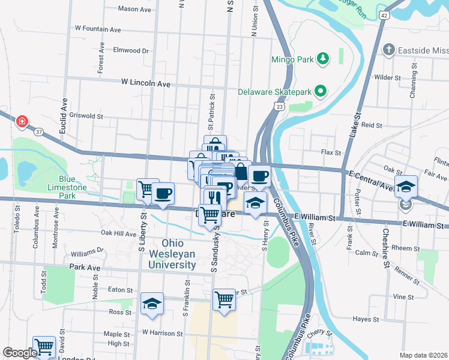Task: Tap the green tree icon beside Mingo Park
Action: click(x=323, y=58)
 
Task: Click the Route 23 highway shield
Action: click(x=280, y=106)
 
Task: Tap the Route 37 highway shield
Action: click(x=38, y=131)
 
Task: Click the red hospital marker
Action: click(x=22, y=121)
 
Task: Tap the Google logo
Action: click(x=20, y=353)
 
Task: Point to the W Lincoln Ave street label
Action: click(x=146, y=82)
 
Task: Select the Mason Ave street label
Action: click(x=134, y=9)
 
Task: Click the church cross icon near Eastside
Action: click(x=388, y=50)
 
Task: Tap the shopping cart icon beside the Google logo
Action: click(x=43, y=347)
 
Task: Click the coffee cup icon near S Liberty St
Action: click(x=163, y=193)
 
